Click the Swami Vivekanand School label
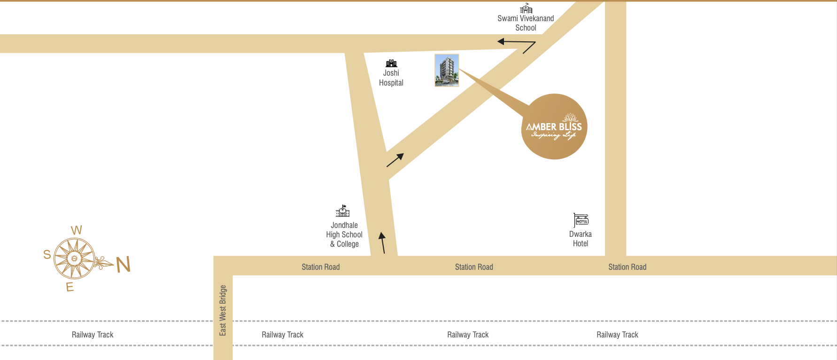coord(526,23)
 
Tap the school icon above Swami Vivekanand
coord(526,8)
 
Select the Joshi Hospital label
coord(391,78)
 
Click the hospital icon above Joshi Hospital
coord(391,63)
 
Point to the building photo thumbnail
coord(447,70)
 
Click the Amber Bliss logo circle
coord(554,126)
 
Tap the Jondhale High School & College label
coord(344,235)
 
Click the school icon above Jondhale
coord(343,211)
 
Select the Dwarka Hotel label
coord(581,239)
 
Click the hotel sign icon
coord(581,220)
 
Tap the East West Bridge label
coord(223,310)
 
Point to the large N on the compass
coord(124,265)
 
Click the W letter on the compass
coord(77,230)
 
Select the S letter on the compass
coord(47,255)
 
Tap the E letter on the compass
coord(70,287)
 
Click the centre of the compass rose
coord(74,258)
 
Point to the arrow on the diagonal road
coord(395,160)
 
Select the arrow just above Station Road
coord(382,243)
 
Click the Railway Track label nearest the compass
coord(93,335)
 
